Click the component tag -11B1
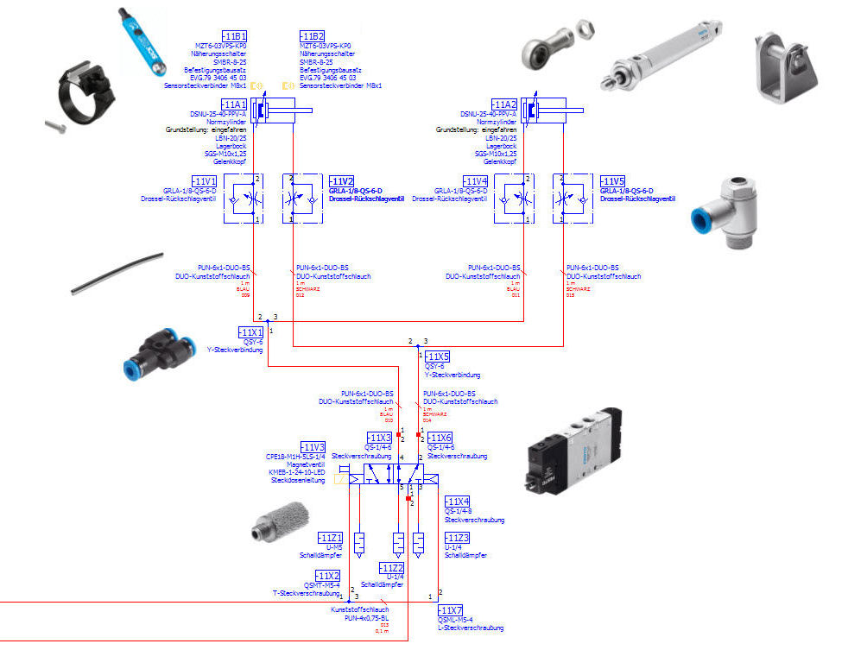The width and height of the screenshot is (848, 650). (x=234, y=35)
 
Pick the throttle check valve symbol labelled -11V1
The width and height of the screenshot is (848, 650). (x=244, y=199)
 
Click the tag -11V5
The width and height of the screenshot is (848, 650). (x=613, y=181)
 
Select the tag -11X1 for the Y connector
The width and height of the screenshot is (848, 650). (x=250, y=331)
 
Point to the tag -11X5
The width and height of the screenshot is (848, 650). (x=439, y=357)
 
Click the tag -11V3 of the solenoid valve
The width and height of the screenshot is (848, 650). (x=313, y=446)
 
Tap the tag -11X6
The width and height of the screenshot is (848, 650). (x=440, y=438)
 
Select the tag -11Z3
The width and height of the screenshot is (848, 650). (x=457, y=537)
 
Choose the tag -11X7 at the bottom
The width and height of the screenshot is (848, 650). (x=450, y=610)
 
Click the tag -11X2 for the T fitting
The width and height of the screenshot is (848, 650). (x=326, y=575)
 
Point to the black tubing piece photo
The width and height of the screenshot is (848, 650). (x=117, y=273)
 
